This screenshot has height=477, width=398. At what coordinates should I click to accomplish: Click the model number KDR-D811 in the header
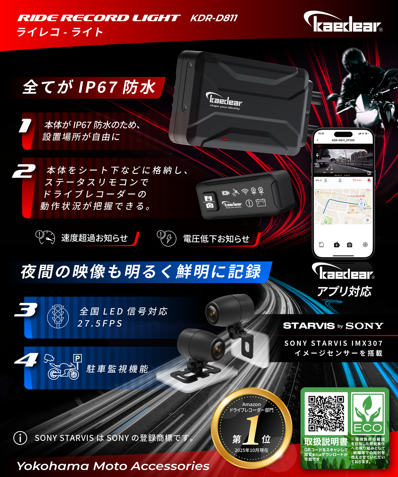pos(214,18)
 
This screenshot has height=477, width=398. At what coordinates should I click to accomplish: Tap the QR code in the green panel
pos(326,413)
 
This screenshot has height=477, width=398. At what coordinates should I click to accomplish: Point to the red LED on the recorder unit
pos(225,139)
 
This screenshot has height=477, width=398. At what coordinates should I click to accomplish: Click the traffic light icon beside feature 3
pos(58,316)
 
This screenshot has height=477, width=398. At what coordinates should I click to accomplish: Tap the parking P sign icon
pos(77,358)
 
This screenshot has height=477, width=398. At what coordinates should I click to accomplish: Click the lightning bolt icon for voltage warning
pos(169,239)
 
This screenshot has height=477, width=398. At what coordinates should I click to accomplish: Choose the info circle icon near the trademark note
pos(20,438)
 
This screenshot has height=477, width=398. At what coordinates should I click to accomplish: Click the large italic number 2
pos(24,172)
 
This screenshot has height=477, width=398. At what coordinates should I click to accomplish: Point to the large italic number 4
pos(26,360)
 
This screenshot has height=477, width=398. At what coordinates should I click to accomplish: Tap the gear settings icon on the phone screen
pos(365,245)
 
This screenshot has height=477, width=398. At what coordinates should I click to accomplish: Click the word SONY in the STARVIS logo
pos(364,326)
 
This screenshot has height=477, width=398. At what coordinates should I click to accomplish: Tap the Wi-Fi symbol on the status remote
pos(245,192)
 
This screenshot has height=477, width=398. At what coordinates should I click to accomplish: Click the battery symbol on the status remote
pos(261,203)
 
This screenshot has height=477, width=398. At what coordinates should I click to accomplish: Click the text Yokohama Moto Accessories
pos(113,466)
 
